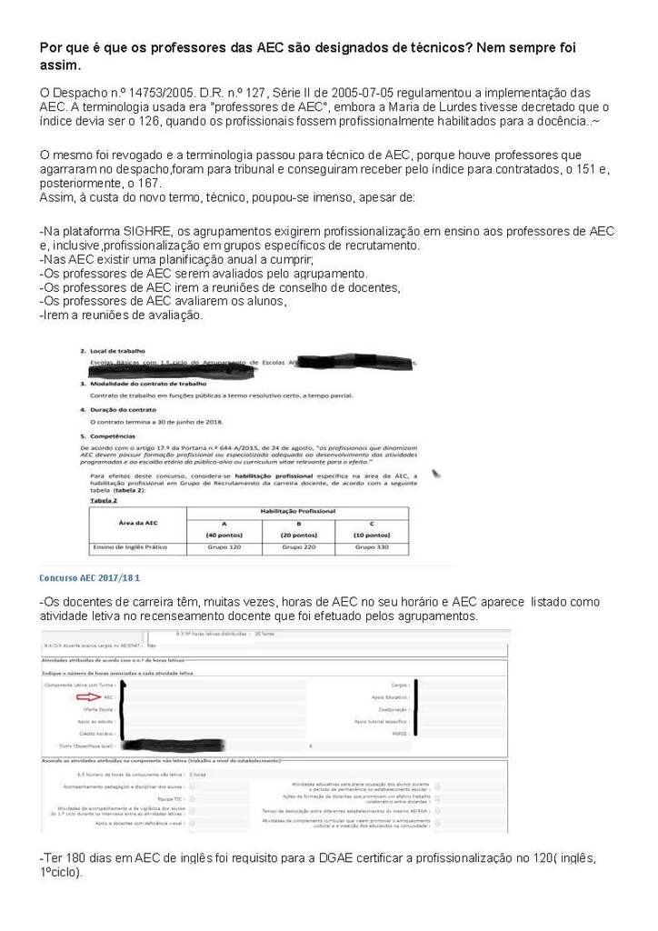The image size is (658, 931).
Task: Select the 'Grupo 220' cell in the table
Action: point(298,547)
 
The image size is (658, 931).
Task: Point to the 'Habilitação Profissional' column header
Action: point(298,513)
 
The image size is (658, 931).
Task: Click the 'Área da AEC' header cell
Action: point(138,524)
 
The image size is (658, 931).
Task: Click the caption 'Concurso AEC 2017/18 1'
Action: point(90,577)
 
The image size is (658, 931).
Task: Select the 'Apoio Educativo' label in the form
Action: point(389,697)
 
